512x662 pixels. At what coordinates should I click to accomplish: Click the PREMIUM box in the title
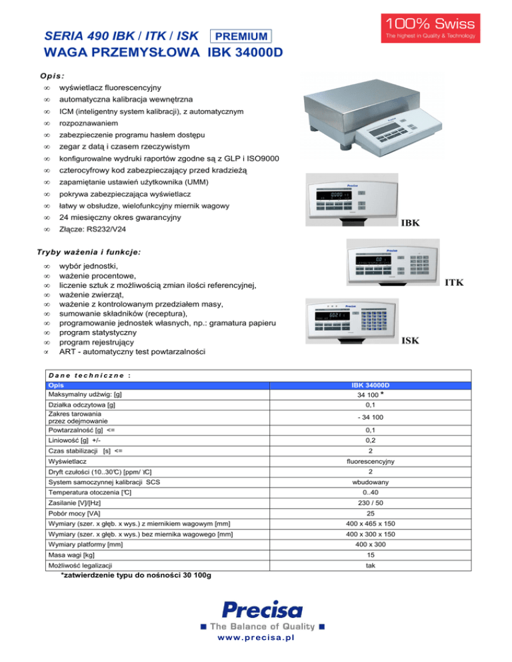pyautogui.click(x=241, y=36)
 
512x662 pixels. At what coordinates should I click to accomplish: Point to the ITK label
pyautogui.click(x=453, y=282)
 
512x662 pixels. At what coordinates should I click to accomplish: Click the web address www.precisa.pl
pyautogui.click(x=256, y=637)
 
